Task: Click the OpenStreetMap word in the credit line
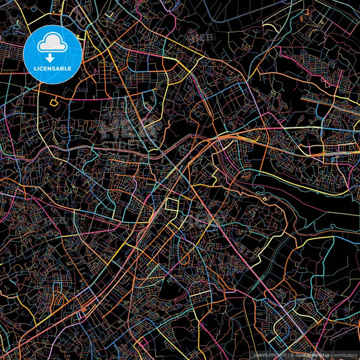(x=307, y=354)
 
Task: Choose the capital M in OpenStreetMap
(x=317, y=354)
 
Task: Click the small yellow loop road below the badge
(x=53, y=103)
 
